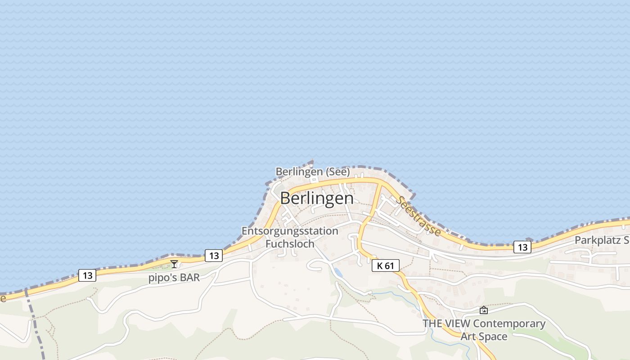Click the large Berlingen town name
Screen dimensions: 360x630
317,198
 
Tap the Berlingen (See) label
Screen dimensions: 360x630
312,171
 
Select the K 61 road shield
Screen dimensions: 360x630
386,265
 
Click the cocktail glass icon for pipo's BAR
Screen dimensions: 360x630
174,264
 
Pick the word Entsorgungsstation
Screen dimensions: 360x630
290,231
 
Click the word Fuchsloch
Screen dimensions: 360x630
290,243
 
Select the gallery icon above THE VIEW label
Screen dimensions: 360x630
483,310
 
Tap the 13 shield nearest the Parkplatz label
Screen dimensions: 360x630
522,247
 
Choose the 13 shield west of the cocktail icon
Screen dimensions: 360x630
87,275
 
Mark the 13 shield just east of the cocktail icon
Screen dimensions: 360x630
214,256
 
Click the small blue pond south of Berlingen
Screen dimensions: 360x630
337,272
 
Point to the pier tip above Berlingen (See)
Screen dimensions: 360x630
312,160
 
